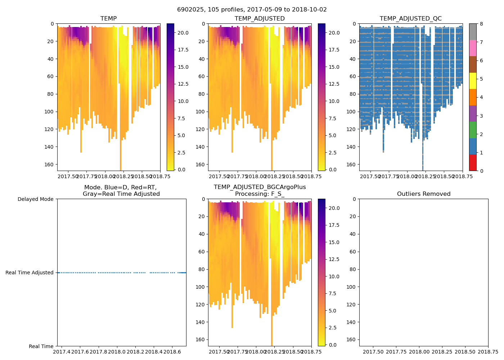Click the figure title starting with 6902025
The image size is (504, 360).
[252, 10]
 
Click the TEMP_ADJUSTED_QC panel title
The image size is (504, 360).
[410, 19]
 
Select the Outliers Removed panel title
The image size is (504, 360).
[423, 194]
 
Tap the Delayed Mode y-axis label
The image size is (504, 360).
[35, 199]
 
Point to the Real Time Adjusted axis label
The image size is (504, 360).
[29, 273]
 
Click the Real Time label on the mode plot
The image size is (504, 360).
[41, 346]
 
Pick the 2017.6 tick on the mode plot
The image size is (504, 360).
[80, 351]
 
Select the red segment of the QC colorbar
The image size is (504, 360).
[473, 162]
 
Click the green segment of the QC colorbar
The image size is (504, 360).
[473, 130]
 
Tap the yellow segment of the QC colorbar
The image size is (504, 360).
[473, 81]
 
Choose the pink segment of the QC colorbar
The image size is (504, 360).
[473, 48]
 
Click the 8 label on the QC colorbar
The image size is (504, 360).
[481, 24]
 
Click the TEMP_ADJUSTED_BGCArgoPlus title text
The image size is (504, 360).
[260, 187]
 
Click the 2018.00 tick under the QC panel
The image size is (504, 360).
[407, 176]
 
